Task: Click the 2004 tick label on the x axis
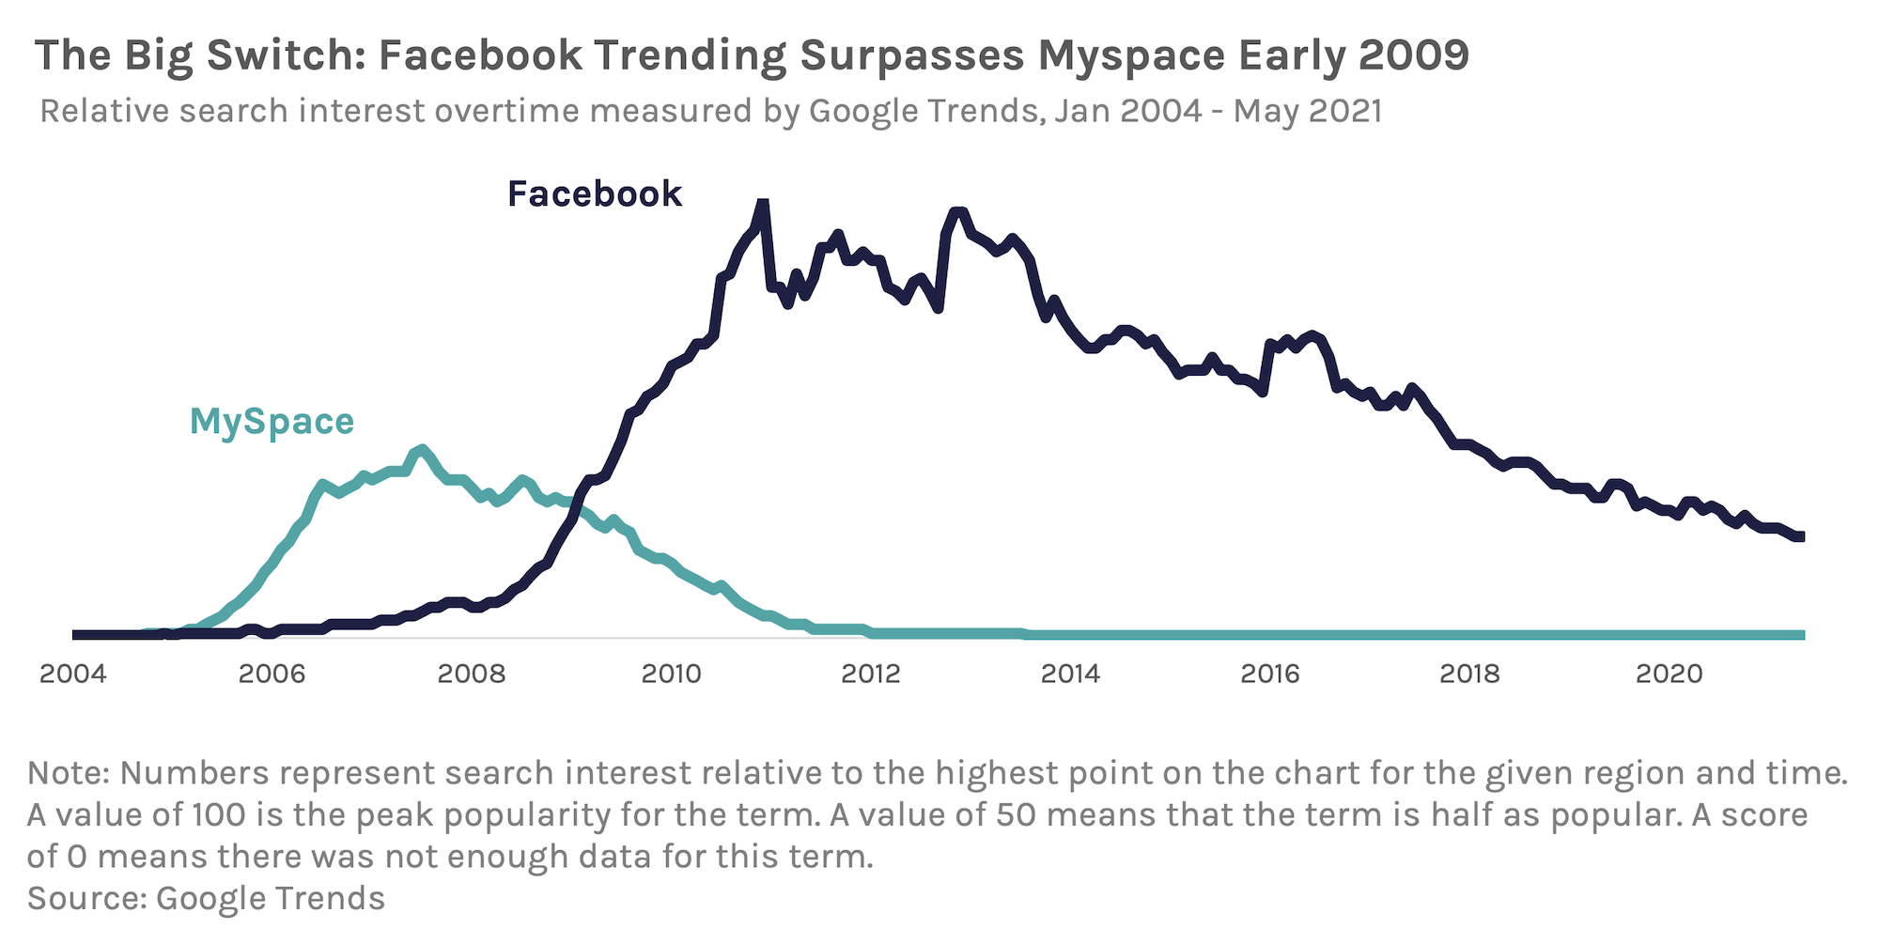point(73,673)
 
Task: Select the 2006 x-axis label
point(272,673)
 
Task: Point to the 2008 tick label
point(472,673)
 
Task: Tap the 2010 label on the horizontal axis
point(671,673)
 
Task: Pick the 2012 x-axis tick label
point(871,673)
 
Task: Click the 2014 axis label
point(1070,673)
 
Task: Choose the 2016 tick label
point(1270,673)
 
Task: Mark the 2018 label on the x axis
point(1469,673)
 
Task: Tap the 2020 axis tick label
point(1669,673)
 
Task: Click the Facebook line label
point(595,194)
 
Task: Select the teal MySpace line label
point(272,422)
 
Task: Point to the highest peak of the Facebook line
point(763,203)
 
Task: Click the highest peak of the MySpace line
point(422,450)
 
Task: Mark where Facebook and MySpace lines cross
point(575,510)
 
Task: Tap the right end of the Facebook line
point(1799,536)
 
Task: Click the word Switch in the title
point(286,56)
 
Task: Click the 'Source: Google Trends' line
point(206,898)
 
